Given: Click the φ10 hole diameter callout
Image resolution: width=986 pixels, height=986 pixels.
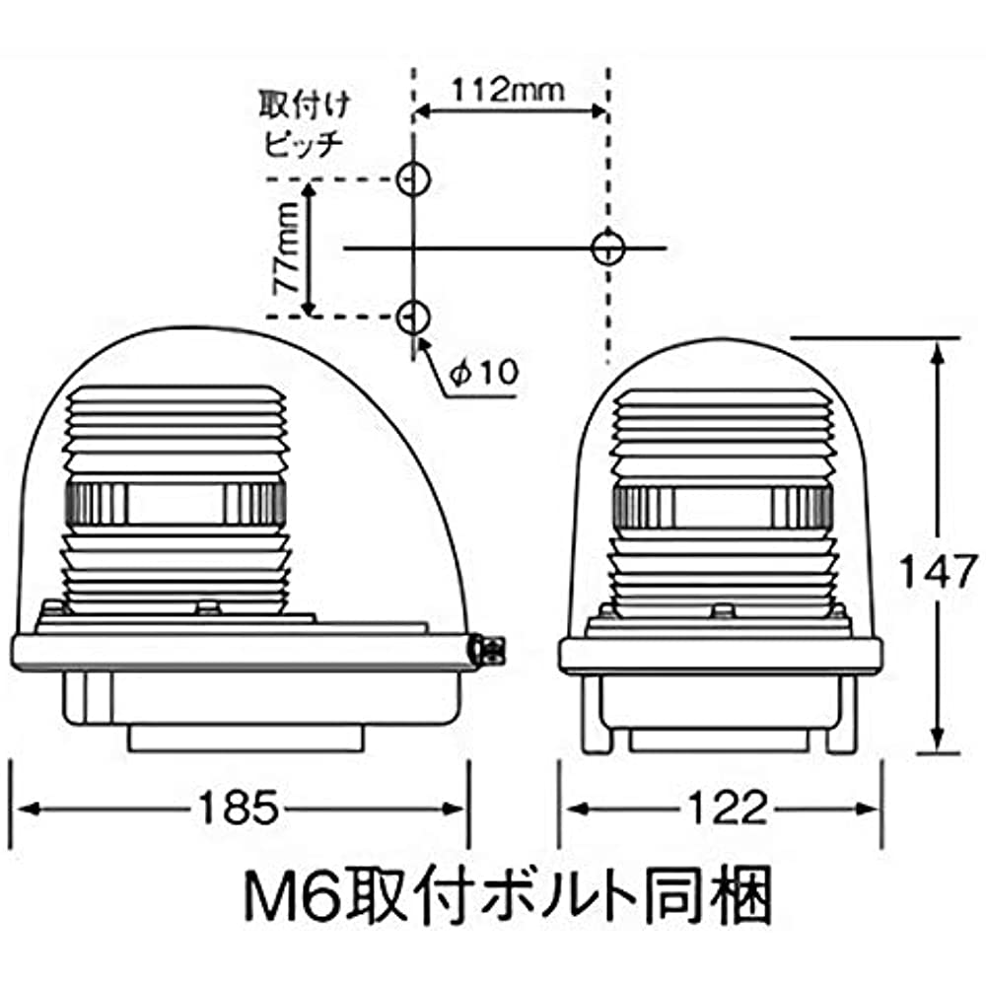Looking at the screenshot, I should (x=484, y=372).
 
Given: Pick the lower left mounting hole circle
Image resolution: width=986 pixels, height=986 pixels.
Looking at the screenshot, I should (x=412, y=316).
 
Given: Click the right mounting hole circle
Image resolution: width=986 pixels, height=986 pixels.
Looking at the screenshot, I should (x=608, y=246).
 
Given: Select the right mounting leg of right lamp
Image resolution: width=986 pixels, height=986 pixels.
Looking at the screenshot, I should (x=840, y=725).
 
